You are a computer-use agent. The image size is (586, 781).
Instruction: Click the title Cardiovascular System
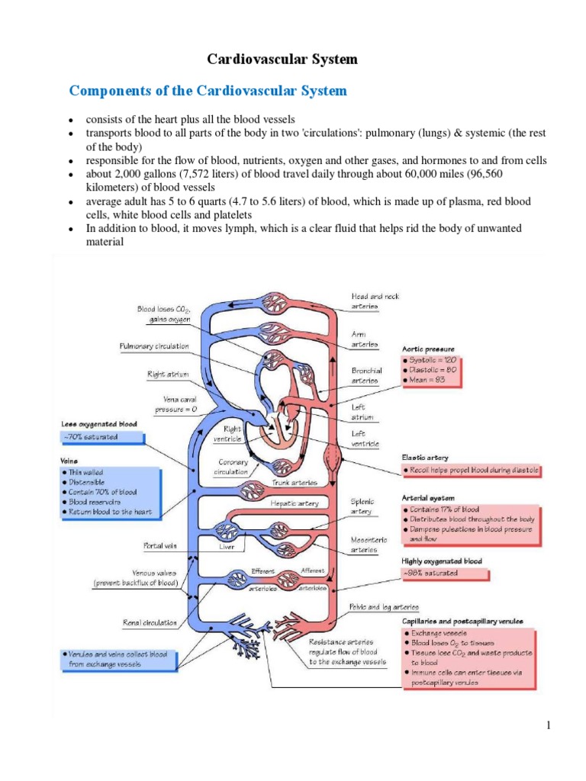coord(283,59)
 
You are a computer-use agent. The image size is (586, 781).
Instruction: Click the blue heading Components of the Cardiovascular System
coord(208,92)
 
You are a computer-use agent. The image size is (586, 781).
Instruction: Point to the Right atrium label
coord(168,374)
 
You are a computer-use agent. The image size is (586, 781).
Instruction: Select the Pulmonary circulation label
coord(154,346)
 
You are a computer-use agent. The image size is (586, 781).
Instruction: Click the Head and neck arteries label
coord(375,301)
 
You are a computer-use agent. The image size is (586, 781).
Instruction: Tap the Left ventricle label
coord(363,437)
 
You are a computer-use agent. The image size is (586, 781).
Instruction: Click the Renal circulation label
coord(150,622)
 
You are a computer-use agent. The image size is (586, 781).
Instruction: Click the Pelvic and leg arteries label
coord(384,607)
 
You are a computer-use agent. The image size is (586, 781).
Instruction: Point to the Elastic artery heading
coord(425,458)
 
